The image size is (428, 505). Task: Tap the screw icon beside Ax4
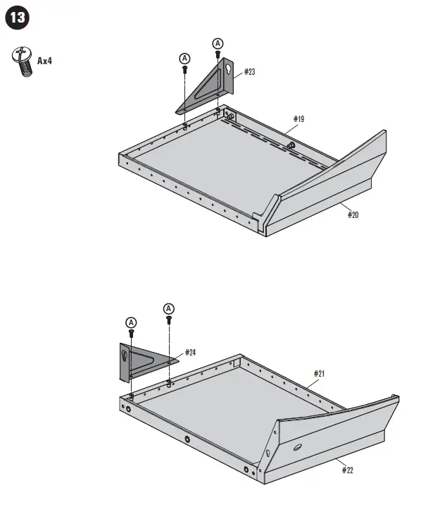coord(23,62)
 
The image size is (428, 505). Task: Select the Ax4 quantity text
coord(44,61)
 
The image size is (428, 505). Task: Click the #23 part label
coord(249,72)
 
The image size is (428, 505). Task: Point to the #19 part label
coord(298,119)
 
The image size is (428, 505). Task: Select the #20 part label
coord(353,214)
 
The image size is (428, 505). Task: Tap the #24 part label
coord(190,352)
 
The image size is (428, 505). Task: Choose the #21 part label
coord(319,373)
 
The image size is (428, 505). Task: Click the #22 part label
coord(348,469)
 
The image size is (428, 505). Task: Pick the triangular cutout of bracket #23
coord(208,90)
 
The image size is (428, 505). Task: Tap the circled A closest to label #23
coord(218,44)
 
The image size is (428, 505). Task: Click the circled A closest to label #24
coord(169,308)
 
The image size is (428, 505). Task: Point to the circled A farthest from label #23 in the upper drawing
coord(184,58)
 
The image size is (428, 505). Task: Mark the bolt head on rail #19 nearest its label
coord(290,145)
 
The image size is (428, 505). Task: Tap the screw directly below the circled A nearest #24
coord(169,321)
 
